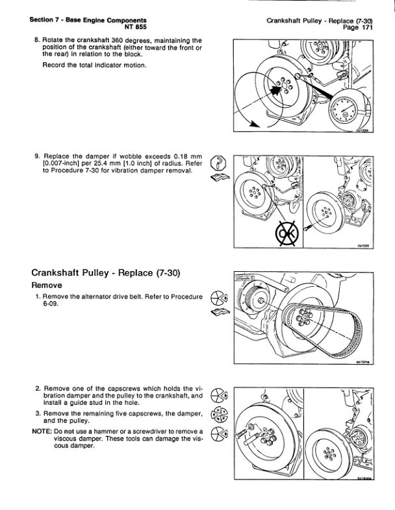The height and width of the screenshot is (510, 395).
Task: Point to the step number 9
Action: pyautogui.click(x=36, y=156)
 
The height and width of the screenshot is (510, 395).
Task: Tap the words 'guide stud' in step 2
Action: pyautogui.click(x=99, y=402)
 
